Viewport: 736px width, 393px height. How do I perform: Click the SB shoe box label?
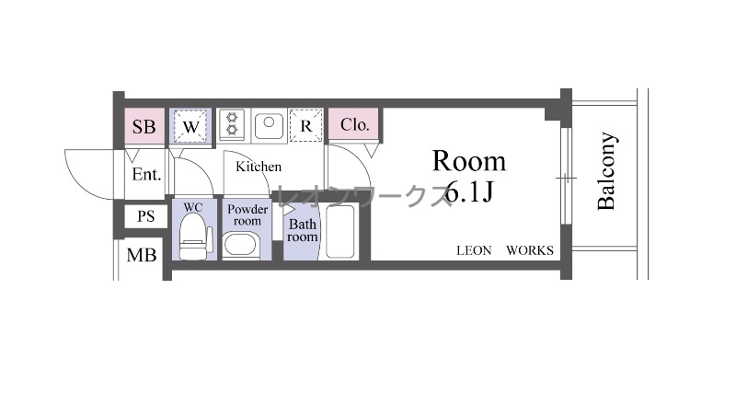click(144, 127)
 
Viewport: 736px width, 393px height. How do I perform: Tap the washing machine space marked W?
click(190, 126)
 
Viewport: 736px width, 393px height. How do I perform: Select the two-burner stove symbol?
click(232, 123)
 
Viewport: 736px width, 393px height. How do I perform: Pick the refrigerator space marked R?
click(306, 125)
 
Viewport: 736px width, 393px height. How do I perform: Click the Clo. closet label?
click(355, 125)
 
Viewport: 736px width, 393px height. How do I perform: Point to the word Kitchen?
click(259, 167)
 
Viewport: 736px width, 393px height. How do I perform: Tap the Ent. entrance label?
click(146, 175)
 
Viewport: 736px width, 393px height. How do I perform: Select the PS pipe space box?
click(145, 216)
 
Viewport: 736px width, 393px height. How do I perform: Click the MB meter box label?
click(142, 256)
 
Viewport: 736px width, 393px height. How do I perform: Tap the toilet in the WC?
click(195, 237)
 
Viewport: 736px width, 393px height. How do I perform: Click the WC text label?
click(193, 207)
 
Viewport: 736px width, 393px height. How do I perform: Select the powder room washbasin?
click(240, 246)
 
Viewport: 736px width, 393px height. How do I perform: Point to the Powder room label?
click(247, 214)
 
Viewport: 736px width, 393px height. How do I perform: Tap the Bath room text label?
click(303, 230)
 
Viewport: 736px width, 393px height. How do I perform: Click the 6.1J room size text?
click(468, 191)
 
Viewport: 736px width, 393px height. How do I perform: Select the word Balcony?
click(606, 171)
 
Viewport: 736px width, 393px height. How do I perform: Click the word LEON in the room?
click(474, 250)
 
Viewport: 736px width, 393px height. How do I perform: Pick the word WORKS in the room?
click(530, 250)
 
